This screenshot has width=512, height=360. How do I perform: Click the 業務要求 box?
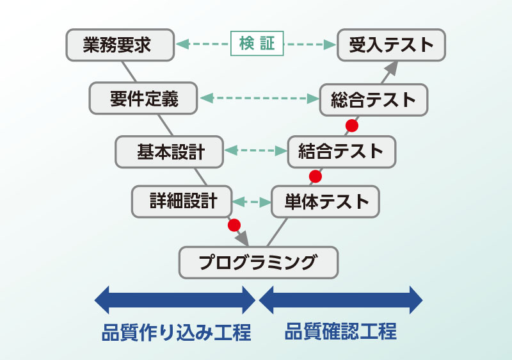click(120, 45)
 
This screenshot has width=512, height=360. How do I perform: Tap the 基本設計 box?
click(170, 152)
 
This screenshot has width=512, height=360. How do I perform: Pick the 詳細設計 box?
click(183, 201)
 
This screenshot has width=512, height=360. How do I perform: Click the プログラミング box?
click(258, 261)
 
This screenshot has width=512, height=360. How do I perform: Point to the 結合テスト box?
click(342, 152)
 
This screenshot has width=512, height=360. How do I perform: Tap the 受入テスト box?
click(391, 45)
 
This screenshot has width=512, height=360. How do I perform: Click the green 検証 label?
click(257, 44)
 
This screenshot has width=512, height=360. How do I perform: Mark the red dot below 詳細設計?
click(234, 225)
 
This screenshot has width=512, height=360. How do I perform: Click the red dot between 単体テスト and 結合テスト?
click(315, 176)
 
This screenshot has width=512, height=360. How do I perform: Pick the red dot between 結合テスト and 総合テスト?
click(351, 125)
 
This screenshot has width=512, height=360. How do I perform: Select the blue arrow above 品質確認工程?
click(340, 299)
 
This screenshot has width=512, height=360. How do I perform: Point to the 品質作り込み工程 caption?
click(176, 333)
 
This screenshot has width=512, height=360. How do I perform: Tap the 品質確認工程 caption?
click(340, 332)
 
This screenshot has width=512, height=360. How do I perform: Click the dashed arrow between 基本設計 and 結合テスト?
click(255, 152)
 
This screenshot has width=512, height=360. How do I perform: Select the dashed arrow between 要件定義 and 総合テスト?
click(259, 99)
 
